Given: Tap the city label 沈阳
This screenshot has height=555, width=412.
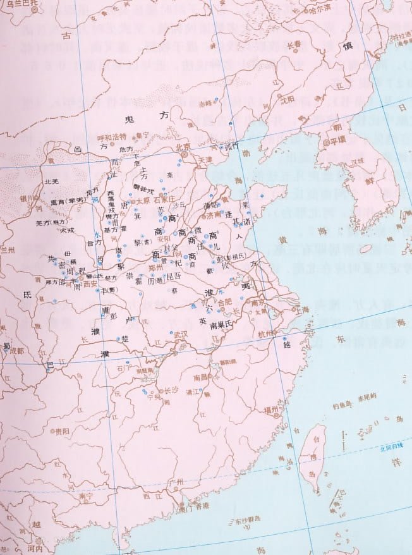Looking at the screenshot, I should [x=288, y=99].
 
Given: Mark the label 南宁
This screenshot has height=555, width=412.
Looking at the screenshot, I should [x=86, y=497].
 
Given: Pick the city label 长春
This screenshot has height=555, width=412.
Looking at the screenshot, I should [x=294, y=44].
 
